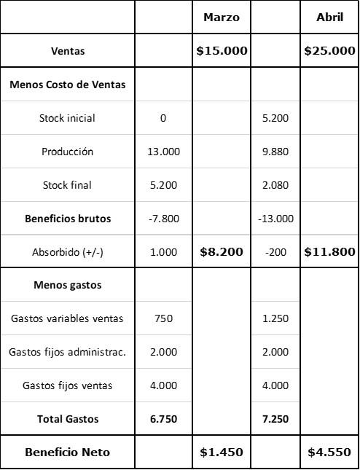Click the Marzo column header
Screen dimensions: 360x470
click(x=222, y=17)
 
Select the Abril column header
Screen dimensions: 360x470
click(x=329, y=17)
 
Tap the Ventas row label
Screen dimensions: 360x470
click(x=68, y=51)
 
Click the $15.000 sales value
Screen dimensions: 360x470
click(x=222, y=51)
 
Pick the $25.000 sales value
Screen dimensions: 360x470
click(x=329, y=51)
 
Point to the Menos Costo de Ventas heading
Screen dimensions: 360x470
click(x=68, y=85)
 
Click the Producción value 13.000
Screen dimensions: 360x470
click(x=164, y=152)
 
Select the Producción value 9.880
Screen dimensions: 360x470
click(x=275, y=152)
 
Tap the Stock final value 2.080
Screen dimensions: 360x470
click(x=275, y=185)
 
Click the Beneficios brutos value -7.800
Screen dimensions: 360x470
click(x=164, y=219)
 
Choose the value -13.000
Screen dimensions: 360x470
click(x=275, y=219)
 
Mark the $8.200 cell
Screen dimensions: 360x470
click(x=222, y=252)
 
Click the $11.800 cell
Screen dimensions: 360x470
click(x=329, y=252)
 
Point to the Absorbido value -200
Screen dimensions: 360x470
click(x=275, y=252)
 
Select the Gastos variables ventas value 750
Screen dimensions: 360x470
click(x=164, y=318)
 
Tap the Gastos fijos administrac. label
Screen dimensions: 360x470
click(x=68, y=352)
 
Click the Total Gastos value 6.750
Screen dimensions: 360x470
click(x=164, y=419)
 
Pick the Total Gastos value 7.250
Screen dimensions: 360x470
click(x=275, y=419)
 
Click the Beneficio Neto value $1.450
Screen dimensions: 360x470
click(x=222, y=453)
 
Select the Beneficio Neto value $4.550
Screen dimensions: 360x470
click(x=329, y=453)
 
